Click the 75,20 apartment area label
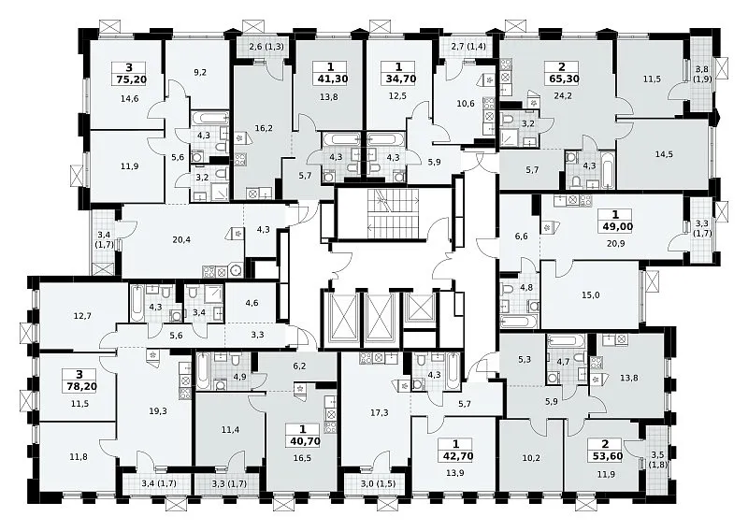click(130, 79)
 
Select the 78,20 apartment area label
click(79, 386)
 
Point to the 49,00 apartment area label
click(616, 226)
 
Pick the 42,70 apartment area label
click(456, 455)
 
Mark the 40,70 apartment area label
click(303, 441)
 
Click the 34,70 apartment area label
click(399, 79)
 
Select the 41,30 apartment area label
click(331, 79)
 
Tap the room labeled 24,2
click(563, 95)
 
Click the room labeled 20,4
click(181, 240)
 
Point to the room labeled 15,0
click(591, 295)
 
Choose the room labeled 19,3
click(158, 410)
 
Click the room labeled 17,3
click(380, 412)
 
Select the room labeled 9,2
click(200, 73)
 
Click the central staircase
click(393, 213)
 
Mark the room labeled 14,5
click(664, 154)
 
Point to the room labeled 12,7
click(82, 315)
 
